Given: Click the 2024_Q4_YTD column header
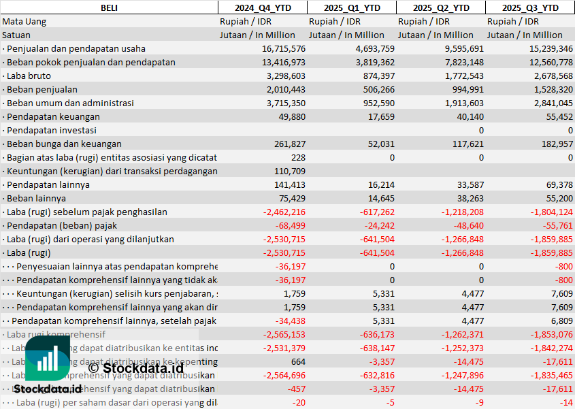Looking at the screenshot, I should click(262, 7).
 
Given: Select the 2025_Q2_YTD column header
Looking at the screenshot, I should click(441, 7).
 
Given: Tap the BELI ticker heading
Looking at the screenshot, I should click(109, 7).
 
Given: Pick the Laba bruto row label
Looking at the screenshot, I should click(29, 76).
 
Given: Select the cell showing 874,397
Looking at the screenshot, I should click(374, 76).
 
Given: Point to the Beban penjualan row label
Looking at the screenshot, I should click(42, 89).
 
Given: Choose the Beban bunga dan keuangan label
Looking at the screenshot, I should click(64, 144).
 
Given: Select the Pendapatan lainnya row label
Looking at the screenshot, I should click(48, 184).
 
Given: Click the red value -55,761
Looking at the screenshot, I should click(557, 225).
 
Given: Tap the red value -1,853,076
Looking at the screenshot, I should click(550, 334).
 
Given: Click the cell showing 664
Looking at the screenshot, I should click(297, 361).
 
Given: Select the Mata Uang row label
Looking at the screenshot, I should click(24, 21).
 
